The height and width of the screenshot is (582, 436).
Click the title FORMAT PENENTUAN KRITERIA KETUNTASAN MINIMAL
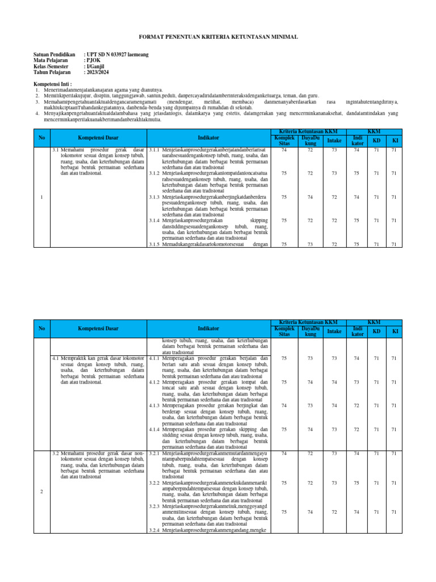[217, 36]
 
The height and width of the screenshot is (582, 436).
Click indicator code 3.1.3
[154, 197]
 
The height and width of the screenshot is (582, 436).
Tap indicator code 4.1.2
[154, 382]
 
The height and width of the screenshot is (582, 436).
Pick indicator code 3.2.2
[154, 483]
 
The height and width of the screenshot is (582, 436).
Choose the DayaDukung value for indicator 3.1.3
[310, 197]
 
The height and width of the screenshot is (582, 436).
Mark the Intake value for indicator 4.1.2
[334, 382]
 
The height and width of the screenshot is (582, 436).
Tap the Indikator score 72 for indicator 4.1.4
[357, 429]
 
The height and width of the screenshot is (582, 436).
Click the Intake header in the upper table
[334, 140]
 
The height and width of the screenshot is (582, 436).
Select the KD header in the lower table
[376, 331]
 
